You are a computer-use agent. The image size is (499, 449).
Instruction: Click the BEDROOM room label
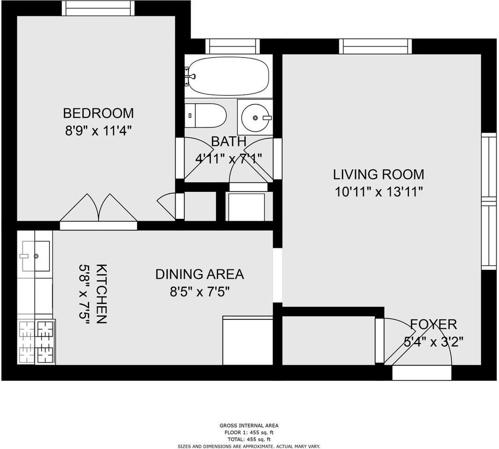(98, 114)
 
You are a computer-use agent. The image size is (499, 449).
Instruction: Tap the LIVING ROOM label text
(379, 174)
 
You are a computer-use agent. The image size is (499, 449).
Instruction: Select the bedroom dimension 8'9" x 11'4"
(98, 130)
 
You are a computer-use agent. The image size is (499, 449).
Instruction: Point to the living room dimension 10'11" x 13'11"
(379, 192)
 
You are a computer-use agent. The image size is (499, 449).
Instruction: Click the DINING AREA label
(200, 275)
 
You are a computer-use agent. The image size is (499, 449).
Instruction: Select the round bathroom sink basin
(255, 117)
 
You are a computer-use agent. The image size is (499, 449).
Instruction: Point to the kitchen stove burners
(36, 342)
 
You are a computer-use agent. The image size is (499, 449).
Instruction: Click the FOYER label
(434, 325)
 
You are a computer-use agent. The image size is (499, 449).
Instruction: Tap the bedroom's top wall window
(98, 8)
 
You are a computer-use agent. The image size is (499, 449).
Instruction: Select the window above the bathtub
(232, 46)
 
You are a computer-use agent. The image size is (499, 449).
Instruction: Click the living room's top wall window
(376, 46)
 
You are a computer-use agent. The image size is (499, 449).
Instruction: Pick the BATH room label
(229, 142)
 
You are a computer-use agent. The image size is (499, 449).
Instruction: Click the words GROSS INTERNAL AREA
(249, 426)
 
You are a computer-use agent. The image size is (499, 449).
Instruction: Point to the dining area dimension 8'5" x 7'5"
(200, 291)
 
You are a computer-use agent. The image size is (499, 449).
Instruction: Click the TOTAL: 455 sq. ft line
(249, 440)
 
